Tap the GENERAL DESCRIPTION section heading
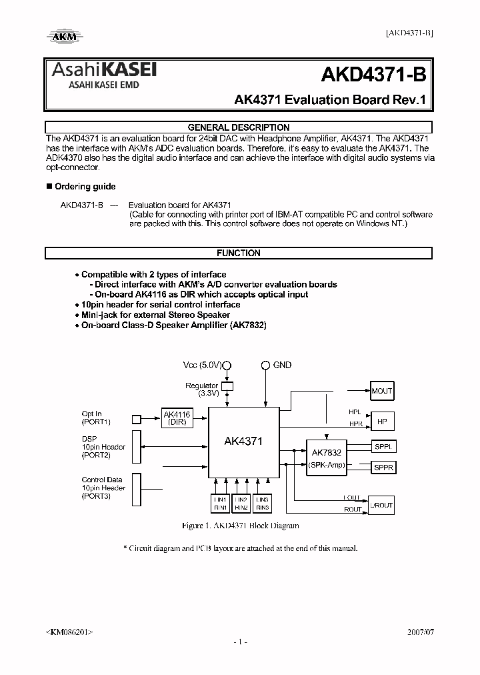(x=239, y=127)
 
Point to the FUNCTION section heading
(x=239, y=253)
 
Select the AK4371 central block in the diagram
(x=243, y=442)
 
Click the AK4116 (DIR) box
(x=177, y=418)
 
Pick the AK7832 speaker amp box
(x=327, y=458)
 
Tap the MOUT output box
(x=382, y=391)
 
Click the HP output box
(x=382, y=422)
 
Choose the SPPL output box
(x=383, y=447)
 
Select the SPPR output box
(x=383, y=468)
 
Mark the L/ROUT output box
(x=383, y=506)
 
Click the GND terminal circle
(x=265, y=366)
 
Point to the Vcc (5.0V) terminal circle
(x=227, y=366)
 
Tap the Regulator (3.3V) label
(x=202, y=389)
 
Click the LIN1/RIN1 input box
(x=220, y=504)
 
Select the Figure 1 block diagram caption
(x=240, y=526)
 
